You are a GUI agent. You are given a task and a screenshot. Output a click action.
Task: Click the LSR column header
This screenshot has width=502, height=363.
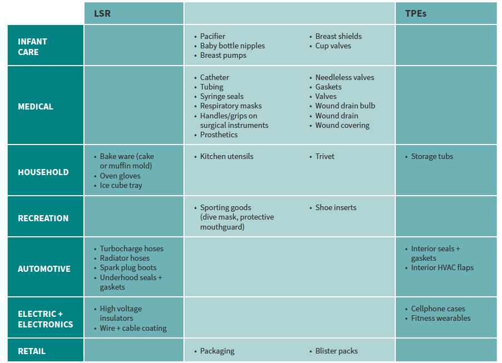click(x=102, y=13)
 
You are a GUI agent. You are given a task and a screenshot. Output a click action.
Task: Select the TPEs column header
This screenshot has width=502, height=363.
click(x=415, y=13)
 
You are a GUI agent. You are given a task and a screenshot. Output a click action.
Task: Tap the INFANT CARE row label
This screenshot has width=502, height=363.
click(x=32, y=47)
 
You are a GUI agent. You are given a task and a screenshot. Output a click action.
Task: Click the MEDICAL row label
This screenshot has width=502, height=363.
click(x=36, y=106)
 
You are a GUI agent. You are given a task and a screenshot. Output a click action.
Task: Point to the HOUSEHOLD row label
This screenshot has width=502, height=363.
click(x=43, y=172)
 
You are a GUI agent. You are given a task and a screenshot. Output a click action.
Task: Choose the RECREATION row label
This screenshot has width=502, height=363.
click(x=43, y=218)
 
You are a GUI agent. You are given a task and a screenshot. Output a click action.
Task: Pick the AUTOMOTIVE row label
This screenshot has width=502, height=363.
click(x=44, y=268)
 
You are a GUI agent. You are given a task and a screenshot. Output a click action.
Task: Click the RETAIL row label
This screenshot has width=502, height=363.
click(x=32, y=351)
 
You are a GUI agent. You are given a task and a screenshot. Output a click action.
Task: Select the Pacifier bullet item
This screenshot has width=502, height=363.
click(x=212, y=36)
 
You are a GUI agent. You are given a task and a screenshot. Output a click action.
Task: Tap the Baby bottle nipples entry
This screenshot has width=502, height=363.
click(x=232, y=46)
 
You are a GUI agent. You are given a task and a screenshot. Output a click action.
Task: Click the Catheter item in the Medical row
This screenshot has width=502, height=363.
click(x=215, y=77)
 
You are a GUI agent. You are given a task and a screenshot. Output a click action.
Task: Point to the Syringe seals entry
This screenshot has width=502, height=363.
click(x=222, y=96)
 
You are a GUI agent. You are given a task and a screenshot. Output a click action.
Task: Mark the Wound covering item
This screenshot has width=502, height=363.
click(x=342, y=125)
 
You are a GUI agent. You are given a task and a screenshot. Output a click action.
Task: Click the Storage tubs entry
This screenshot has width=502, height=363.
click(x=432, y=156)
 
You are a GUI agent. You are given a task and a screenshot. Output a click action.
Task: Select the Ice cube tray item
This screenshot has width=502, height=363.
click(x=121, y=185)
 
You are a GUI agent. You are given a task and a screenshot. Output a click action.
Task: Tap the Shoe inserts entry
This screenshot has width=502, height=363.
click(x=336, y=207)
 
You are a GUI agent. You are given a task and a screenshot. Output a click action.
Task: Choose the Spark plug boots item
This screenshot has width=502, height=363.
click(x=128, y=267)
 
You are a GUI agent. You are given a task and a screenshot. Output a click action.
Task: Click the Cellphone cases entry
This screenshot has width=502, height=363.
click(x=438, y=309)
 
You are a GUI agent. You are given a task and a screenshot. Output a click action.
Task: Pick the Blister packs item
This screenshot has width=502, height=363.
click(x=336, y=351)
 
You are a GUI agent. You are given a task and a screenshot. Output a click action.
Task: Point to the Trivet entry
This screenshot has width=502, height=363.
click(x=325, y=156)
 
